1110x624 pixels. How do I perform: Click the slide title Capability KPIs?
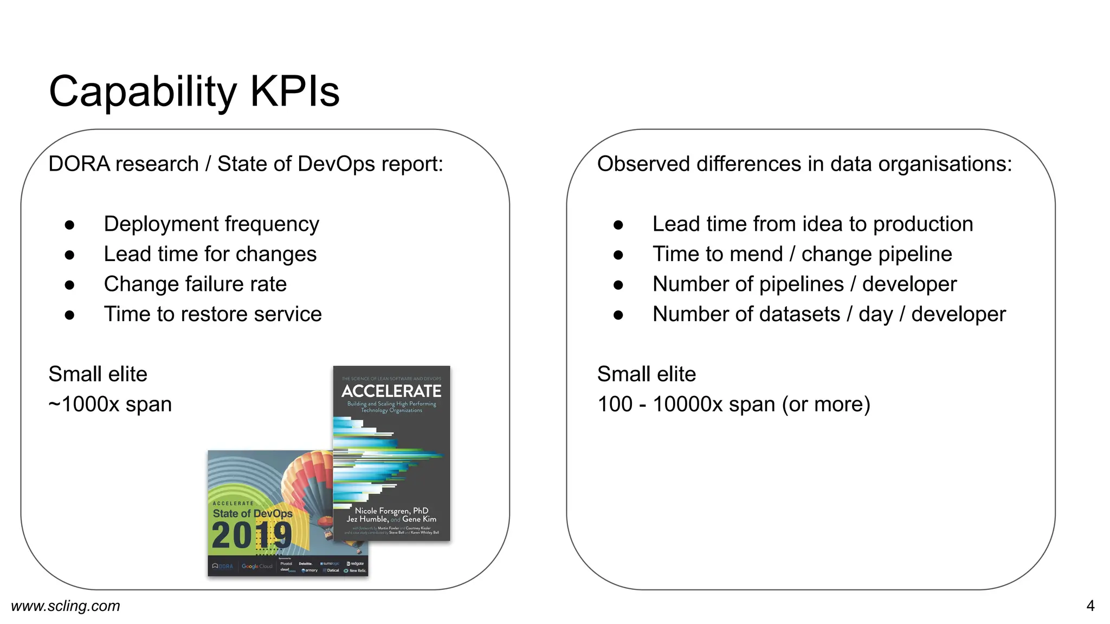(194, 91)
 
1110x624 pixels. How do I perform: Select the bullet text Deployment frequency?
(211, 224)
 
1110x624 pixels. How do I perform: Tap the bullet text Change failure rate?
(195, 284)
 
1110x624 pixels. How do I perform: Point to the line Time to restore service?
(212, 314)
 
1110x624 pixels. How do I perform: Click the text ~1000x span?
(110, 404)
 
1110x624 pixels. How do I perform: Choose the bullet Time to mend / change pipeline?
(802, 254)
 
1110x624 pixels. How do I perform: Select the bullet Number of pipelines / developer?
(804, 284)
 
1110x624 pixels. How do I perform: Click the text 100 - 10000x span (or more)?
(733, 404)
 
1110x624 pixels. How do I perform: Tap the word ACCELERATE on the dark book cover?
(391, 391)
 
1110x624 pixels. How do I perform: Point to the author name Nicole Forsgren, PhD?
(391, 510)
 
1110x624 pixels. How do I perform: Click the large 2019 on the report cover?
(251, 536)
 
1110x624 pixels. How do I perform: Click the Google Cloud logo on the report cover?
(257, 566)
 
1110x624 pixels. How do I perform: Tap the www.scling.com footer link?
(66, 606)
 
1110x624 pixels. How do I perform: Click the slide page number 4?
(1090, 606)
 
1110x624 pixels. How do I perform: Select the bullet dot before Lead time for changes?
(69, 255)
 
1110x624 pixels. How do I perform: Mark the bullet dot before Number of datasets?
(618, 315)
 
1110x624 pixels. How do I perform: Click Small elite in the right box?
(646, 374)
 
